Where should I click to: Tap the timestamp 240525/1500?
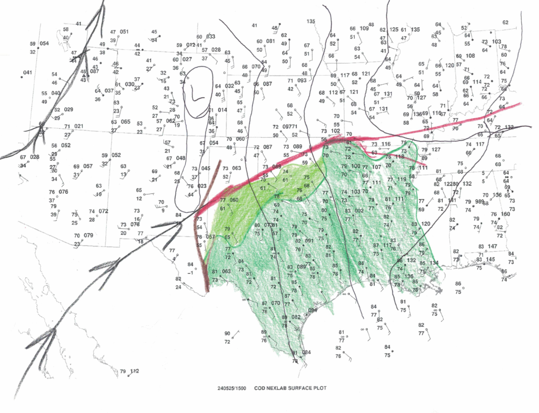pos(231,389)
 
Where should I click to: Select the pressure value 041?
pos(27,72)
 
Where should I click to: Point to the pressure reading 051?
pos(124,32)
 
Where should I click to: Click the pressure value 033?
pos(211,36)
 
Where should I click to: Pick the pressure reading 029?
pos(68,109)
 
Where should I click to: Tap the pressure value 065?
pos(125,122)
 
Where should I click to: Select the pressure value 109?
pos(364,28)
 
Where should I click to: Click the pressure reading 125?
pos(394,30)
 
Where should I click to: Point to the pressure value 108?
pos(470,56)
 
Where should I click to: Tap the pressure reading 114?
pos(477,82)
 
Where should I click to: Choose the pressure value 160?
pos(505,214)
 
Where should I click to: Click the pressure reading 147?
pos(493,246)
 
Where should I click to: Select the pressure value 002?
pos(360,211)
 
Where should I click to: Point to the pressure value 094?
pos(313,310)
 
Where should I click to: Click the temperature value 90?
pos(227,334)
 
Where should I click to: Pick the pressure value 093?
pos(302,80)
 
